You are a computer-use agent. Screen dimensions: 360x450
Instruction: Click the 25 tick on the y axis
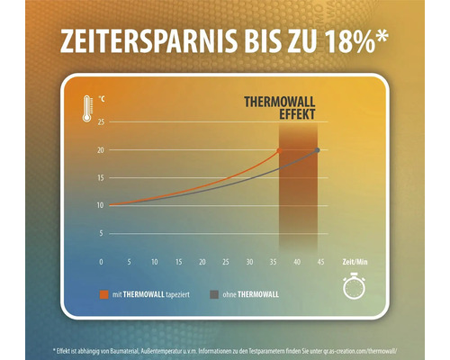(x=100, y=121)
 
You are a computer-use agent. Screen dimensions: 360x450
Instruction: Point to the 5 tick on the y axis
(x=101, y=233)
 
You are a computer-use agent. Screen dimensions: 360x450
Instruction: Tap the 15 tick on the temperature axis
(x=100, y=177)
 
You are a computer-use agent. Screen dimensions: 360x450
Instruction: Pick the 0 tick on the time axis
(x=102, y=263)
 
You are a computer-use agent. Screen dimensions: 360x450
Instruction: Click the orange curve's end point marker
(x=279, y=149)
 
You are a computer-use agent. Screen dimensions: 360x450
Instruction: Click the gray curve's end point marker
(x=317, y=149)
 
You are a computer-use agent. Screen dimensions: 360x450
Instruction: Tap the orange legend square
(x=104, y=292)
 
